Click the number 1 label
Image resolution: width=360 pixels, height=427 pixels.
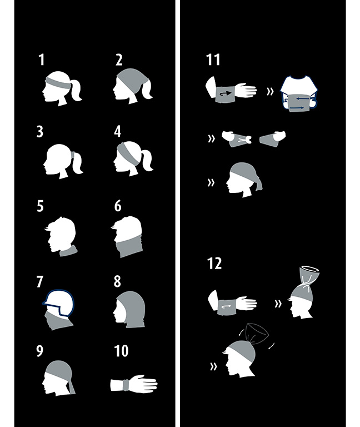point(41,59)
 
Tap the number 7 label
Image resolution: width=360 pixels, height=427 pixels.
point(40,281)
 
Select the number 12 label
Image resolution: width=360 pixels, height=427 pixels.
point(214,264)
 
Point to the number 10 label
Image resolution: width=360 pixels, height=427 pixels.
point(121,351)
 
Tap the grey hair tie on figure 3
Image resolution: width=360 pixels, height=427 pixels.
point(73,156)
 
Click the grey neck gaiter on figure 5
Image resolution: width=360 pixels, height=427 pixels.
point(68,251)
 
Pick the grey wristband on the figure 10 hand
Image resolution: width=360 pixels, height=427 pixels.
point(126,385)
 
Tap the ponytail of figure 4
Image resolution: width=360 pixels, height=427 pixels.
point(147,160)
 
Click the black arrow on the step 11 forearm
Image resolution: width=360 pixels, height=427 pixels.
point(226,93)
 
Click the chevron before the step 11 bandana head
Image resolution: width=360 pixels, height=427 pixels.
point(211,182)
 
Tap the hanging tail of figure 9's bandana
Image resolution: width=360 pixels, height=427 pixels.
point(71,386)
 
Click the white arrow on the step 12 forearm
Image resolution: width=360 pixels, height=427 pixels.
point(227,307)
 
